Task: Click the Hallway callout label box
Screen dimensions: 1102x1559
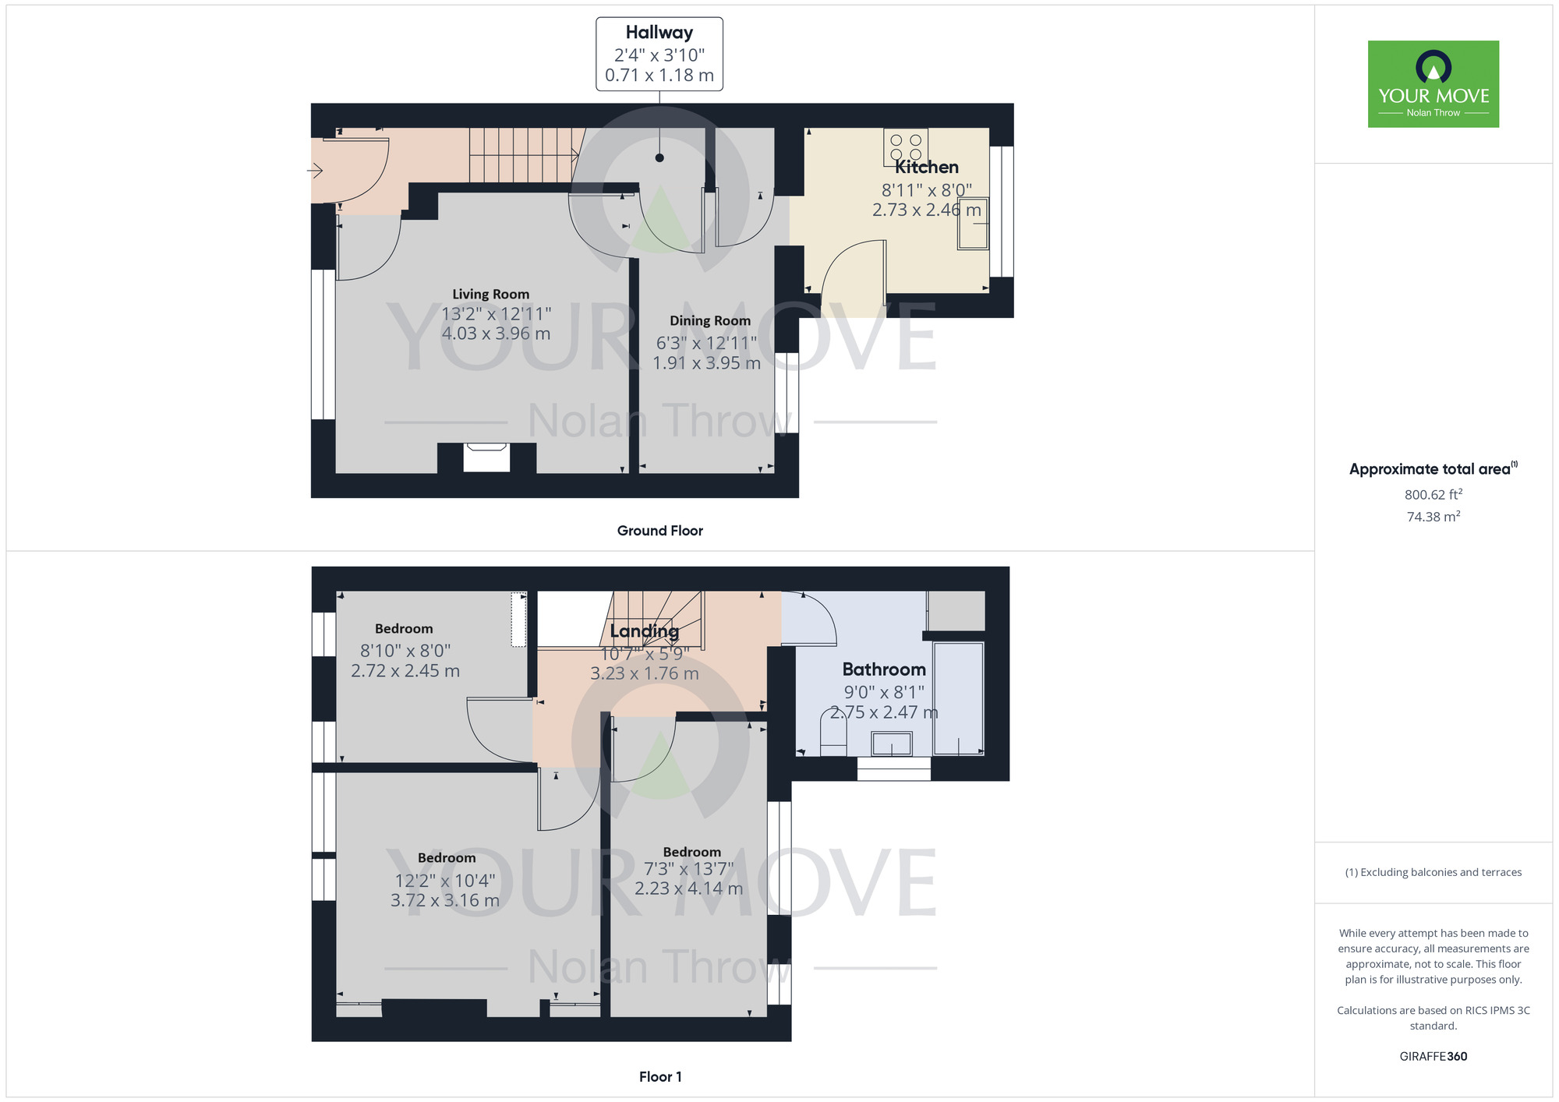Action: pyautogui.click(x=659, y=54)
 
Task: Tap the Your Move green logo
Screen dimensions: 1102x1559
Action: pyautogui.click(x=1433, y=84)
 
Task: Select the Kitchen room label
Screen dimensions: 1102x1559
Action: pyautogui.click(x=926, y=167)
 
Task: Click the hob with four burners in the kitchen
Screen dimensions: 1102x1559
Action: pyautogui.click(x=906, y=147)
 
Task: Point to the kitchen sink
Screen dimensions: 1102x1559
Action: pyautogui.click(x=973, y=226)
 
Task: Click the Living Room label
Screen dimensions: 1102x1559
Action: pyautogui.click(x=490, y=294)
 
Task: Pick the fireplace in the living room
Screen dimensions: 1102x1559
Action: pyautogui.click(x=486, y=457)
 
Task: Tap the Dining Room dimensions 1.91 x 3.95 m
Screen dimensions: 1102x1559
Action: pyautogui.click(x=706, y=363)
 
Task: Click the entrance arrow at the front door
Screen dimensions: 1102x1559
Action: pyautogui.click(x=315, y=170)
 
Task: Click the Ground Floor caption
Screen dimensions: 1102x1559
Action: pyautogui.click(x=659, y=531)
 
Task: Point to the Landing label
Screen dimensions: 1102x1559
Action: pyautogui.click(x=644, y=630)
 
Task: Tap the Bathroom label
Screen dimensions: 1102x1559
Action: pyautogui.click(x=884, y=669)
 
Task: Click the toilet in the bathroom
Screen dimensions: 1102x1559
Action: pyautogui.click(x=833, y=734)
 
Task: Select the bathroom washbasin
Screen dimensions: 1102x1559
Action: pyautogui.click(x=892, y=744)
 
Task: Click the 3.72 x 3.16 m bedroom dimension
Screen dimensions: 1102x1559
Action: pyautogui.click(x=444, y=901)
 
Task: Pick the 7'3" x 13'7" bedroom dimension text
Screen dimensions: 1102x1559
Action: pyautogui.click(x=688, y=869)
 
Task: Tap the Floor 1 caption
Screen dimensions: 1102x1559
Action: pyautogui.click(x=659, y=1076)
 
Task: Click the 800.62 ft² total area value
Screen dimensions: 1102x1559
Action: pyautogui.click(x=1433, y=495)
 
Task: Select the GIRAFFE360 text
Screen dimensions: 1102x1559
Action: pyautogui.click(x=1433, y=1057)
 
